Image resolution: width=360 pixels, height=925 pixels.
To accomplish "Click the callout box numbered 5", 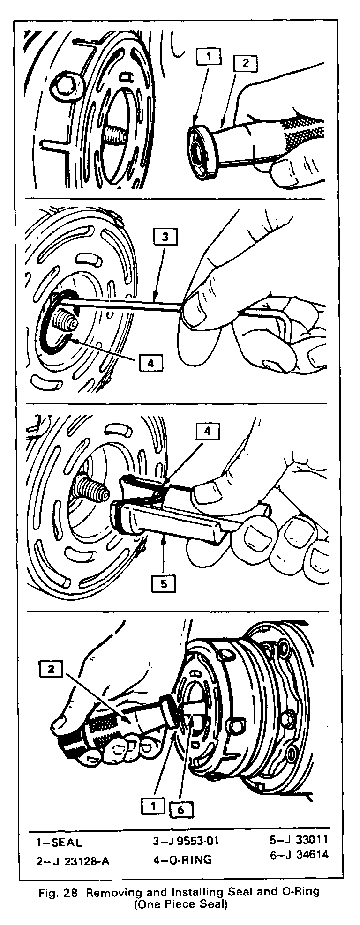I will (x=164, y=582).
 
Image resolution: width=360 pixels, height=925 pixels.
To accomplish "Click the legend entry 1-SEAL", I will (x=60, y=842).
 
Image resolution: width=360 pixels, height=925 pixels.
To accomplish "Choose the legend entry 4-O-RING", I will (x=179, y=860).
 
